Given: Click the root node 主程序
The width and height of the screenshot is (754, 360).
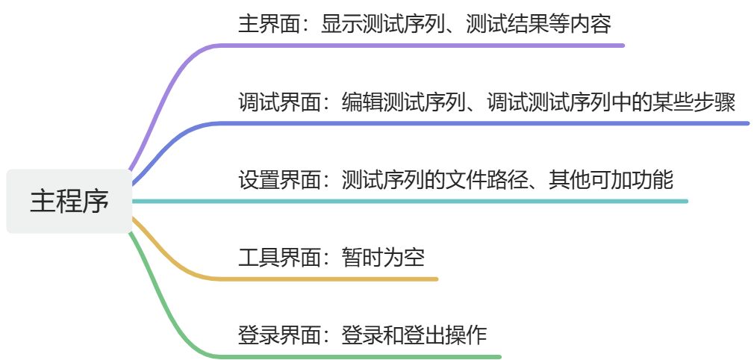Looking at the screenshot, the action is coord(69,201).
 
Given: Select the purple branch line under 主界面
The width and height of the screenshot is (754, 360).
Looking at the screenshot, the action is coord(418,46).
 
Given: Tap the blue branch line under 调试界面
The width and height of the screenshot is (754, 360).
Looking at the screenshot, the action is coord(478,123).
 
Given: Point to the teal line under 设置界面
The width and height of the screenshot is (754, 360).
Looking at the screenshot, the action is coord(448,201).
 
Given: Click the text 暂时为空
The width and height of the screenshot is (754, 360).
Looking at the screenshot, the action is coord(384,258).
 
